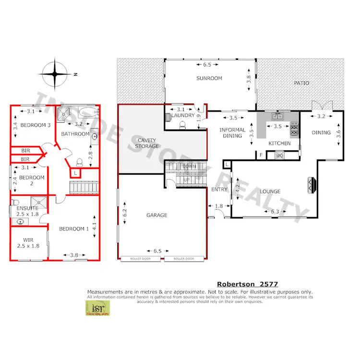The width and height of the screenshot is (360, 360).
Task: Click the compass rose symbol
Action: point(55,74)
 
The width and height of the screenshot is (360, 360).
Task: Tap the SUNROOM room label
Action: point(209,78)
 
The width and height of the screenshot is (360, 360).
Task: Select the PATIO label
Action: point(301,83)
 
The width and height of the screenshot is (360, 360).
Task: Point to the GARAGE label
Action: point(157,216)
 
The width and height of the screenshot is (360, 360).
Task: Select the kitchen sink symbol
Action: point(278,116)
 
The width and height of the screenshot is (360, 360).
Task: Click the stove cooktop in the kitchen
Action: point(294,129)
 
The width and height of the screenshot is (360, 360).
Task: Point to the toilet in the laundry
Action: point(181,125)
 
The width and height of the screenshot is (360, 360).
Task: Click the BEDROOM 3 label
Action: point(36,125)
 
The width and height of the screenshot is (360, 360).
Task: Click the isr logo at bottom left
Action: point(96,309)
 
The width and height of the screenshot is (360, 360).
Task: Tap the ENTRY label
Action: point(220,190)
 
